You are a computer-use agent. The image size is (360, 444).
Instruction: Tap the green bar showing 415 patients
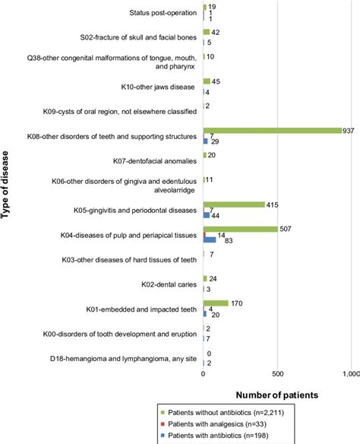click(x=234, y=204)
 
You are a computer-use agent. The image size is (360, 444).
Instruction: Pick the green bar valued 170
click(x=216, y=303)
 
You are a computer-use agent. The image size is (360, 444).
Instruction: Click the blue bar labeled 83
click(x=209, y=240)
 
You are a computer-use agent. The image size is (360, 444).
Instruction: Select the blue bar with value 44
click(x=206, y=215)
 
